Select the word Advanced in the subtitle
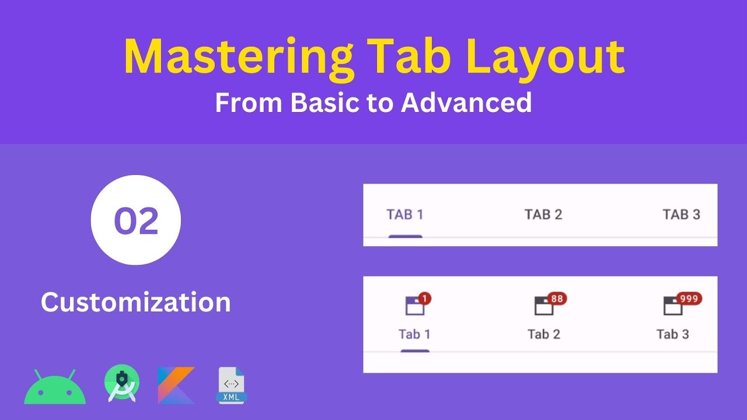(x=466, y=103)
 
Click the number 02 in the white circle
(x=136, y=220)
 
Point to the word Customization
(x=136, y=302)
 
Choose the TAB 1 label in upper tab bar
(x=405, y=215)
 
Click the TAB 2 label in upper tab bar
(x=543, y=215)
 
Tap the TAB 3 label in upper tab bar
(x=681, y=215)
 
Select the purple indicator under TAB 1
(x=405, y=236)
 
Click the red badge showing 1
(x=424, y=299)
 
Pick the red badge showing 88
(x=557, y=299)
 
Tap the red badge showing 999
(x=689, y=299)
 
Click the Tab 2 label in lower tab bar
(x=544, y=334)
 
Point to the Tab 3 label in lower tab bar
(x=672, y=334)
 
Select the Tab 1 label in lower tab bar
(x=414, y=334)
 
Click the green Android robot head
(x=55, y=388)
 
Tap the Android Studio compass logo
(x=121, y=384)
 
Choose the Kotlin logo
(x=176, y=385)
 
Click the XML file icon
(x=231, y=385)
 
